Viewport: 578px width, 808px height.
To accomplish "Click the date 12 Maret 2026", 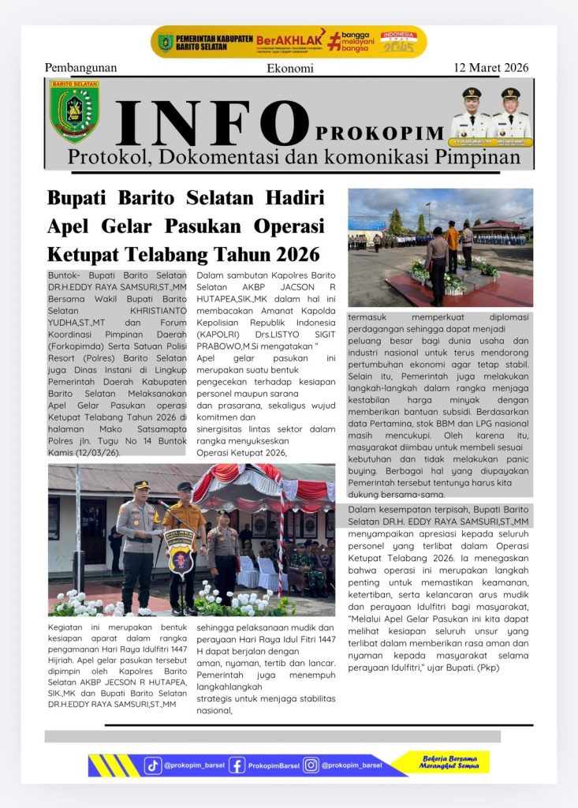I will point(490,67).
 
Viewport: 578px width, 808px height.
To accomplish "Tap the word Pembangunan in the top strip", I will point(80,68).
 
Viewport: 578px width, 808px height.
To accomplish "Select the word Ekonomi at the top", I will point(290,68).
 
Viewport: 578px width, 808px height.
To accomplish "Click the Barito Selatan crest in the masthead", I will point(74,110).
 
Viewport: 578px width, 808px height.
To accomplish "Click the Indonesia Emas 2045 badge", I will point(398,42).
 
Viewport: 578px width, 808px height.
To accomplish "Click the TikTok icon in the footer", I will point(153,765).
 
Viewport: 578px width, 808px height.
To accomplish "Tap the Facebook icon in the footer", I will point(237,765).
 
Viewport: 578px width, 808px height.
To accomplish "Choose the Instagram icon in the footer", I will point(311,765).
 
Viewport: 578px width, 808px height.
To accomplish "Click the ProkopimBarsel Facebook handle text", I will point(274,765).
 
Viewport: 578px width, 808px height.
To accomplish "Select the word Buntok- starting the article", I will point(65,274).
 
